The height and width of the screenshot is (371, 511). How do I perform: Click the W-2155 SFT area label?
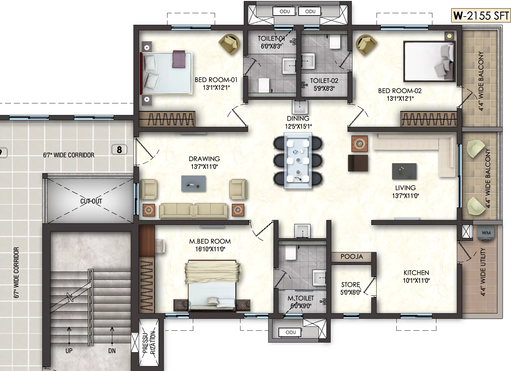(x=481, y=16)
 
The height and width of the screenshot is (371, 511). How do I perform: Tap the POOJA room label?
(x=352, y=256)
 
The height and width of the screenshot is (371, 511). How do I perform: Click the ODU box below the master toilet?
(x=290, y=332)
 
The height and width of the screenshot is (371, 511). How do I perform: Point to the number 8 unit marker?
(x=119, y=150)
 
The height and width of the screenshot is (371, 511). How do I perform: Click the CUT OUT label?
(x=91, y=201)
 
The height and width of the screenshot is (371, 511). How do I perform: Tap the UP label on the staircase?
(x=69, y=351)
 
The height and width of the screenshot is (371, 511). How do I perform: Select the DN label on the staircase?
(x=112, y=351)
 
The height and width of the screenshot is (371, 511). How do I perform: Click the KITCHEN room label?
(x=416, y=273)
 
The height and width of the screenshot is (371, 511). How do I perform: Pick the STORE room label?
(x=350, y=284)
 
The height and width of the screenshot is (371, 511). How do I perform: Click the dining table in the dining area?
(x=298, y=161)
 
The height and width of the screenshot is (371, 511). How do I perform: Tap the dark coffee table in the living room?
(x=404, y=171)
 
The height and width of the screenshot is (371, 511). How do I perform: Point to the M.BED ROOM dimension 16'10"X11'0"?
(x=210, y=249)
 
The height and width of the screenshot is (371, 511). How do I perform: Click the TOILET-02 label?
(x=324, y=81)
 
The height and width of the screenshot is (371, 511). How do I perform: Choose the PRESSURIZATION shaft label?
(x=149, y=342)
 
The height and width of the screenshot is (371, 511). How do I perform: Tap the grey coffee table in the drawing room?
(x=194, y=183)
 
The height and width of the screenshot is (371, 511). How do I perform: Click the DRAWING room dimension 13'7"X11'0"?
(x=204, y=167)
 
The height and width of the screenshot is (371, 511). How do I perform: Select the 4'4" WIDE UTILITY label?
(x=483, y=272)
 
